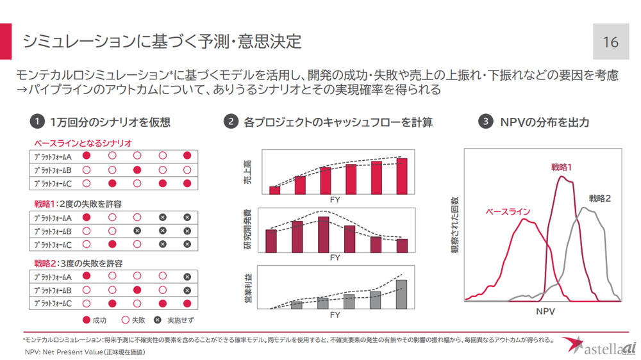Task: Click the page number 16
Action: (610, 42)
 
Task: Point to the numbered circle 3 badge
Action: (487, 122)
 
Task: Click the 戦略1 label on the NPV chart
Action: (562, 167)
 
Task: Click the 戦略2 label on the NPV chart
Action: (600, 199)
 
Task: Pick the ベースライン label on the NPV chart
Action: (508, 211)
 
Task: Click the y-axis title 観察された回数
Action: (455, 225)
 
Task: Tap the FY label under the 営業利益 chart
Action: (335, 315)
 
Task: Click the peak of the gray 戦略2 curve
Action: (583, 208)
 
